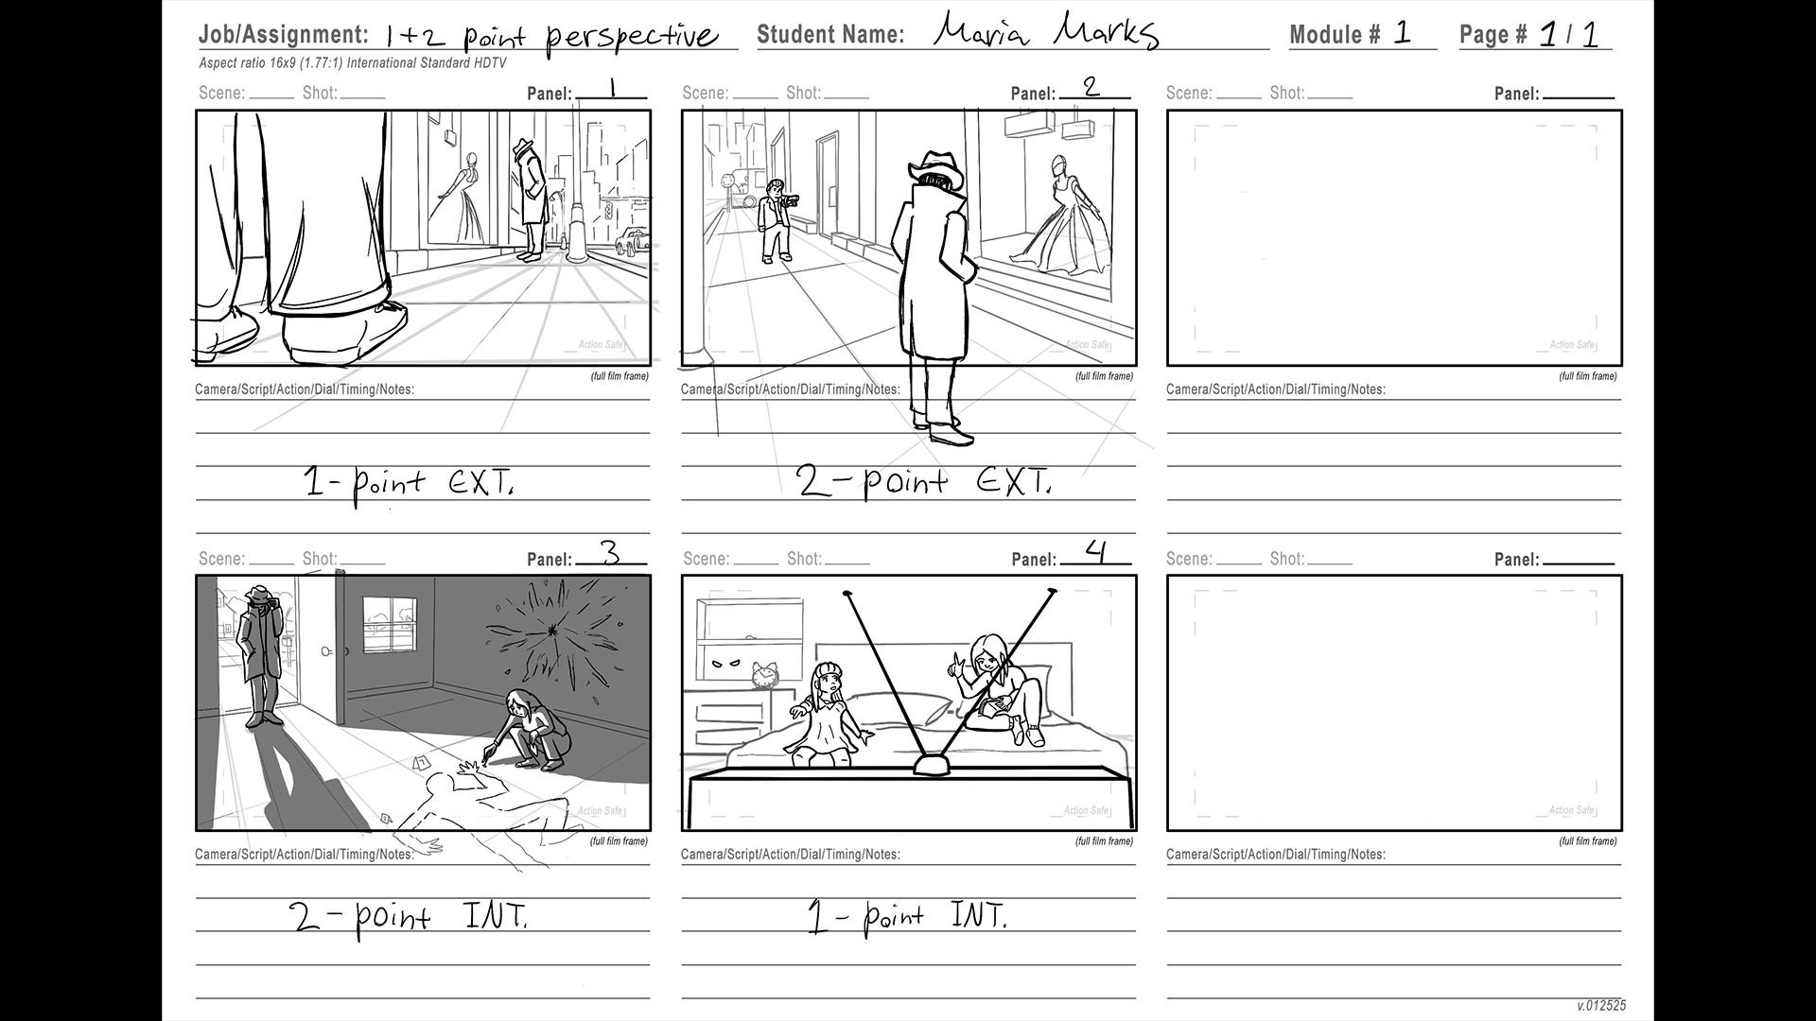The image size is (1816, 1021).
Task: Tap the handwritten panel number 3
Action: click(611, 553)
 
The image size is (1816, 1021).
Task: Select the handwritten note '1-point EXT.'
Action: click(410, 483)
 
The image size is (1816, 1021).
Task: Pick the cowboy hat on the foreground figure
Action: click(935, 171)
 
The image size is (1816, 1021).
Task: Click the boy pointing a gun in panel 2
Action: click(778, 220)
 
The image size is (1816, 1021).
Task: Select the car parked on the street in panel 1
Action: click(632, 242)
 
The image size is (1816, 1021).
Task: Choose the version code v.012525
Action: click(1601, 1006)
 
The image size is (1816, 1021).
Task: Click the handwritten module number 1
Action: click(1403, 33)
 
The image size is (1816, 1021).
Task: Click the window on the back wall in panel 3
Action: click(390, 624)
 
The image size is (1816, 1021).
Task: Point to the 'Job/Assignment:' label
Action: click(284, 35)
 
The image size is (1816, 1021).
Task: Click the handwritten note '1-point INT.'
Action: click(907, 917)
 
